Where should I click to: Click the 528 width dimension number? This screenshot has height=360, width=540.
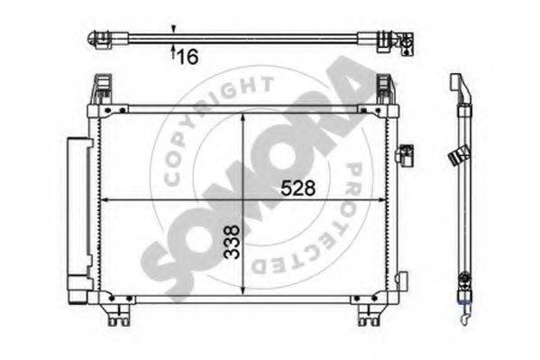[x=298, y=188]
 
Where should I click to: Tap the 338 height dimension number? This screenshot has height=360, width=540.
[x=232, y=242]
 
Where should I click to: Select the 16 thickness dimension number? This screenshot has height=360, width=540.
[x=188, y=57]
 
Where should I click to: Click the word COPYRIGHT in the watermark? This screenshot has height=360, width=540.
[x=213, y=122]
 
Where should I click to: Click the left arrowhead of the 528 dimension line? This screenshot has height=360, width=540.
[x=104, y=199]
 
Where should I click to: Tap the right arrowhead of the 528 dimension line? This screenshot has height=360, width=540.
[x=381, y=199]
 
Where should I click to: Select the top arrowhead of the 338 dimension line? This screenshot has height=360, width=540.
[x=243, y=117]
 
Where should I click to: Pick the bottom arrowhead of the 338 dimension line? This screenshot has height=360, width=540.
[x=243, y=291]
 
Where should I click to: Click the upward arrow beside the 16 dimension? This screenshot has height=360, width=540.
[x=173, y=51]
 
